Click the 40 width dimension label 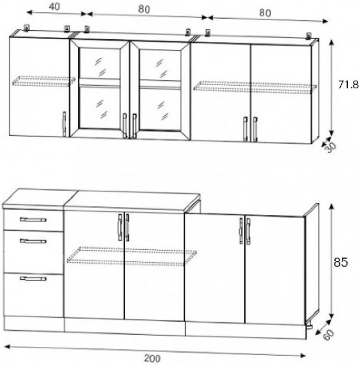point(54,7)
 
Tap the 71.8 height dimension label point(348,84)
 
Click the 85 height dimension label point(341,262)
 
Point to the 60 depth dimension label point(329,335)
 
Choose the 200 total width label point(152,358)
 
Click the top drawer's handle point(33,220)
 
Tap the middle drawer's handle point(33,241)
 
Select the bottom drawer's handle point(33,278)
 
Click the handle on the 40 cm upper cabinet point(64,124)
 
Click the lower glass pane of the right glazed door point(160,110)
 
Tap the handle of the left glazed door point(125,125)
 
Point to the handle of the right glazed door point(134,126)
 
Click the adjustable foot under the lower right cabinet point(309,326)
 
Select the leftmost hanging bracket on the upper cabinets point(27,28)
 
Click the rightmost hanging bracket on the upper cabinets point(309,35)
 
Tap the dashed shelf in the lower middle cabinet point(132,256)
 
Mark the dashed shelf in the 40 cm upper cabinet point(44,80)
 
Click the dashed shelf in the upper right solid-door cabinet point(255,87)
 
